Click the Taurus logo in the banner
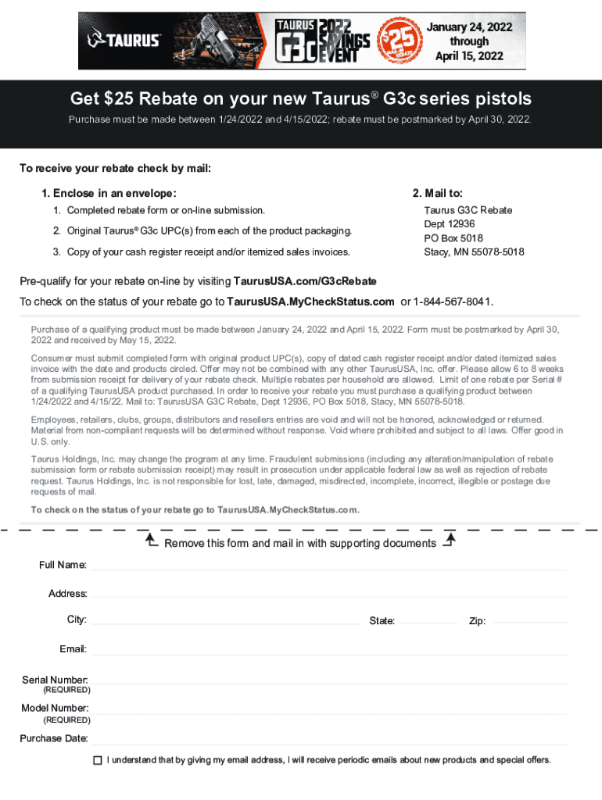tap(124, 40)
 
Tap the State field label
tap(382, 621)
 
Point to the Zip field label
tap(477, 621)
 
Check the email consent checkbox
tap(98, 760)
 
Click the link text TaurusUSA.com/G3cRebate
tap(305, 281)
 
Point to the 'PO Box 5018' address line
tap(453, 238)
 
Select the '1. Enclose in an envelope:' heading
tap(109, 193)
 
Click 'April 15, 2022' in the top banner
tap(469, 55)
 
